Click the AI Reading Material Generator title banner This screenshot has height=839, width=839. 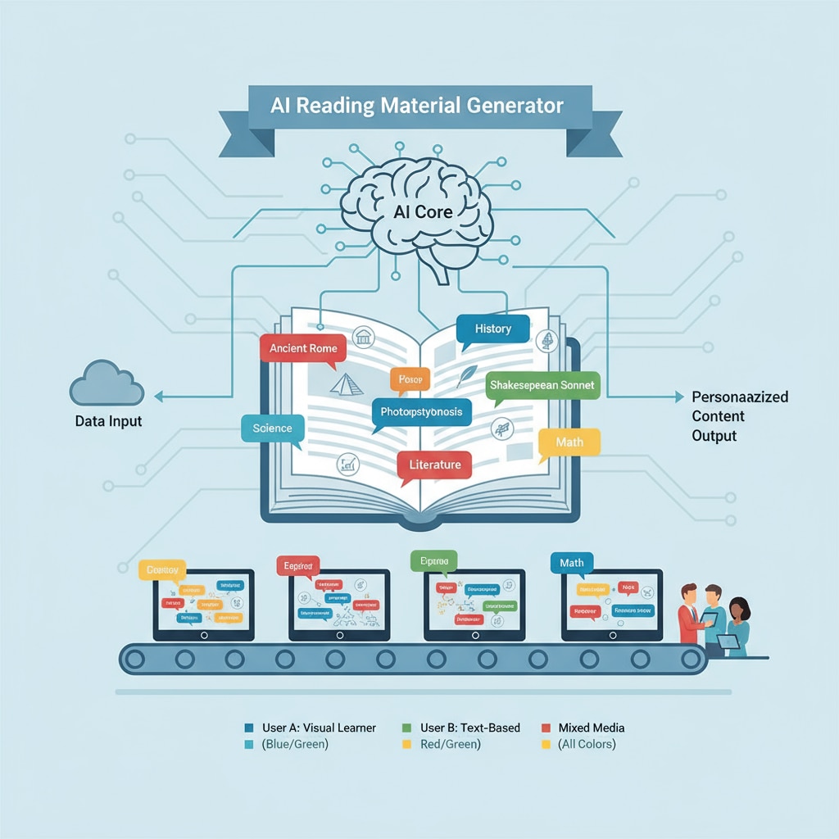click(x=419, y=107)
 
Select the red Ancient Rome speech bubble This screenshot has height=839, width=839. click(x=303, y=348)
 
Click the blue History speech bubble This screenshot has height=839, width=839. click(x=492, y=329)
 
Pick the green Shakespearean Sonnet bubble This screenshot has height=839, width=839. click(x=542, y=384)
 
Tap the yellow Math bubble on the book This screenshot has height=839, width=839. click(x=569, y=442)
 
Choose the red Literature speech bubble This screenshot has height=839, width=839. click(x=434, y=465)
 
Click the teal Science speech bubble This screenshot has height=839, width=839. click(x=272, y=429)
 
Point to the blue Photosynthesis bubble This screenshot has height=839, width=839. click(x=421, y=411)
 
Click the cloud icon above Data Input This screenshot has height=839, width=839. click(x=107, y=384)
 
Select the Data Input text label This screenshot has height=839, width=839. click(x=108, y=422)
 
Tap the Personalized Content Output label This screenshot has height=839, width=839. click(x=739, y=416)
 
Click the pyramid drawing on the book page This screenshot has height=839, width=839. click(x=346, y=384)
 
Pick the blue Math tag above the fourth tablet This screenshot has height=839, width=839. click(x=571, y=563)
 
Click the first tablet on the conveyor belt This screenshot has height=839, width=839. click(x=204, y=605)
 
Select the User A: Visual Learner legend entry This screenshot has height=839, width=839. click(x=311, y=728)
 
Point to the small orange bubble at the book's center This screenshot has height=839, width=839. click(x=409, y=379)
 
